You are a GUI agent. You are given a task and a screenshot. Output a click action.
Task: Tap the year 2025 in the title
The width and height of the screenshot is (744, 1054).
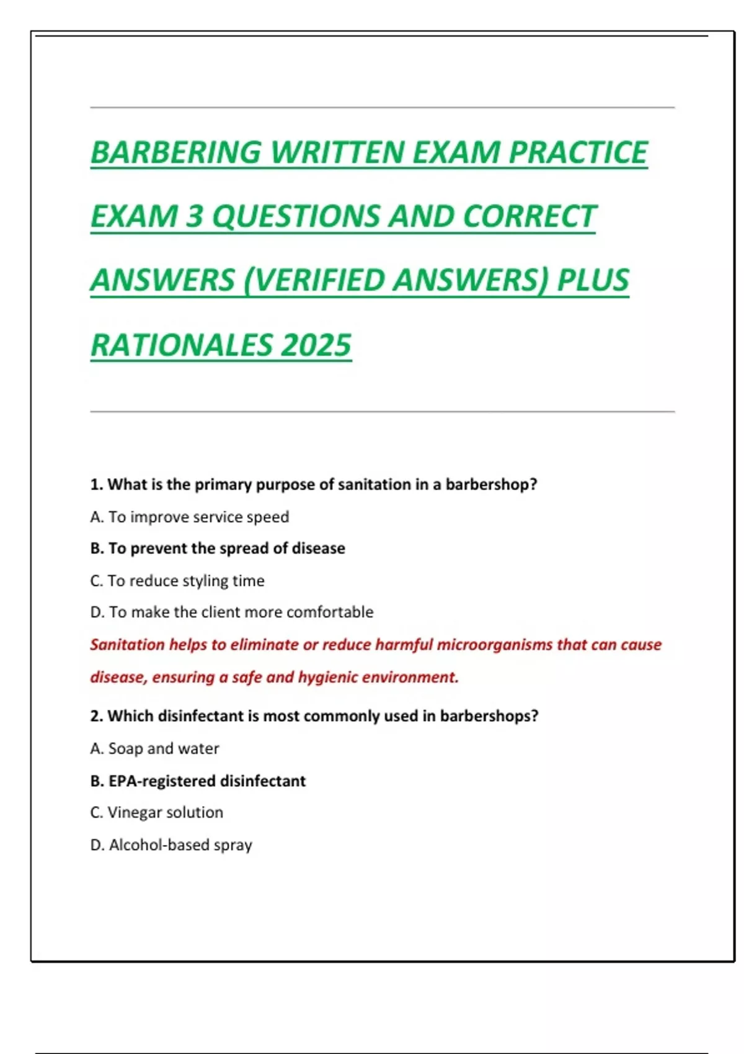pos(316,345)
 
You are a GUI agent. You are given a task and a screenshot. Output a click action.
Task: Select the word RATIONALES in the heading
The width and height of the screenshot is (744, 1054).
pos(181,345)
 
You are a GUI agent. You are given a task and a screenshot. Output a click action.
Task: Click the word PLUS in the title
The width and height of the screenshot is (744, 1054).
pos(593,280)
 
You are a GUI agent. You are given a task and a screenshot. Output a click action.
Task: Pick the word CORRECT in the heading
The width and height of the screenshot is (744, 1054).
pos(529,216)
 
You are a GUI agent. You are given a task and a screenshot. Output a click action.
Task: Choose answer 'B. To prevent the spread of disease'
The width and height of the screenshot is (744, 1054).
pos(218,548)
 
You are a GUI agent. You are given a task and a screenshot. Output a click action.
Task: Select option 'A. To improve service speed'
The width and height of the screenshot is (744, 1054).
pos(190,516)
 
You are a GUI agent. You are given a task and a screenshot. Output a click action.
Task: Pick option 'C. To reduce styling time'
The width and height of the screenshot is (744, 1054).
pos(177,580)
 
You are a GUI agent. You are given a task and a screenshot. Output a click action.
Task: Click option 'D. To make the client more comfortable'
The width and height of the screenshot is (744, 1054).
pos(232,612)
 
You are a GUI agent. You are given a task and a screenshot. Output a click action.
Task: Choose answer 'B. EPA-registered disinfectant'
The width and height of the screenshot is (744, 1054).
pos(198,781)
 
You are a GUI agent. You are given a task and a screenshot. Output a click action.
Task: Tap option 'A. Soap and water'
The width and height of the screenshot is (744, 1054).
pos(154,748)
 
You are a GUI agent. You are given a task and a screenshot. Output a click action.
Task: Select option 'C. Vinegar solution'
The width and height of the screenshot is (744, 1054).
pos(156,812)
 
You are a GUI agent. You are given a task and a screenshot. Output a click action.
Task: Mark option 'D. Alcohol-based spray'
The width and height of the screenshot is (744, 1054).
pos(171,844)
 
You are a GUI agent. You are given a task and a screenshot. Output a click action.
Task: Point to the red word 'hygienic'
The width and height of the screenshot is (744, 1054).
pos(327,677)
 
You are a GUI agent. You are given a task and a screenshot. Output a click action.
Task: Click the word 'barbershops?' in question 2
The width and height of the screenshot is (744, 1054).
pos(489,715)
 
